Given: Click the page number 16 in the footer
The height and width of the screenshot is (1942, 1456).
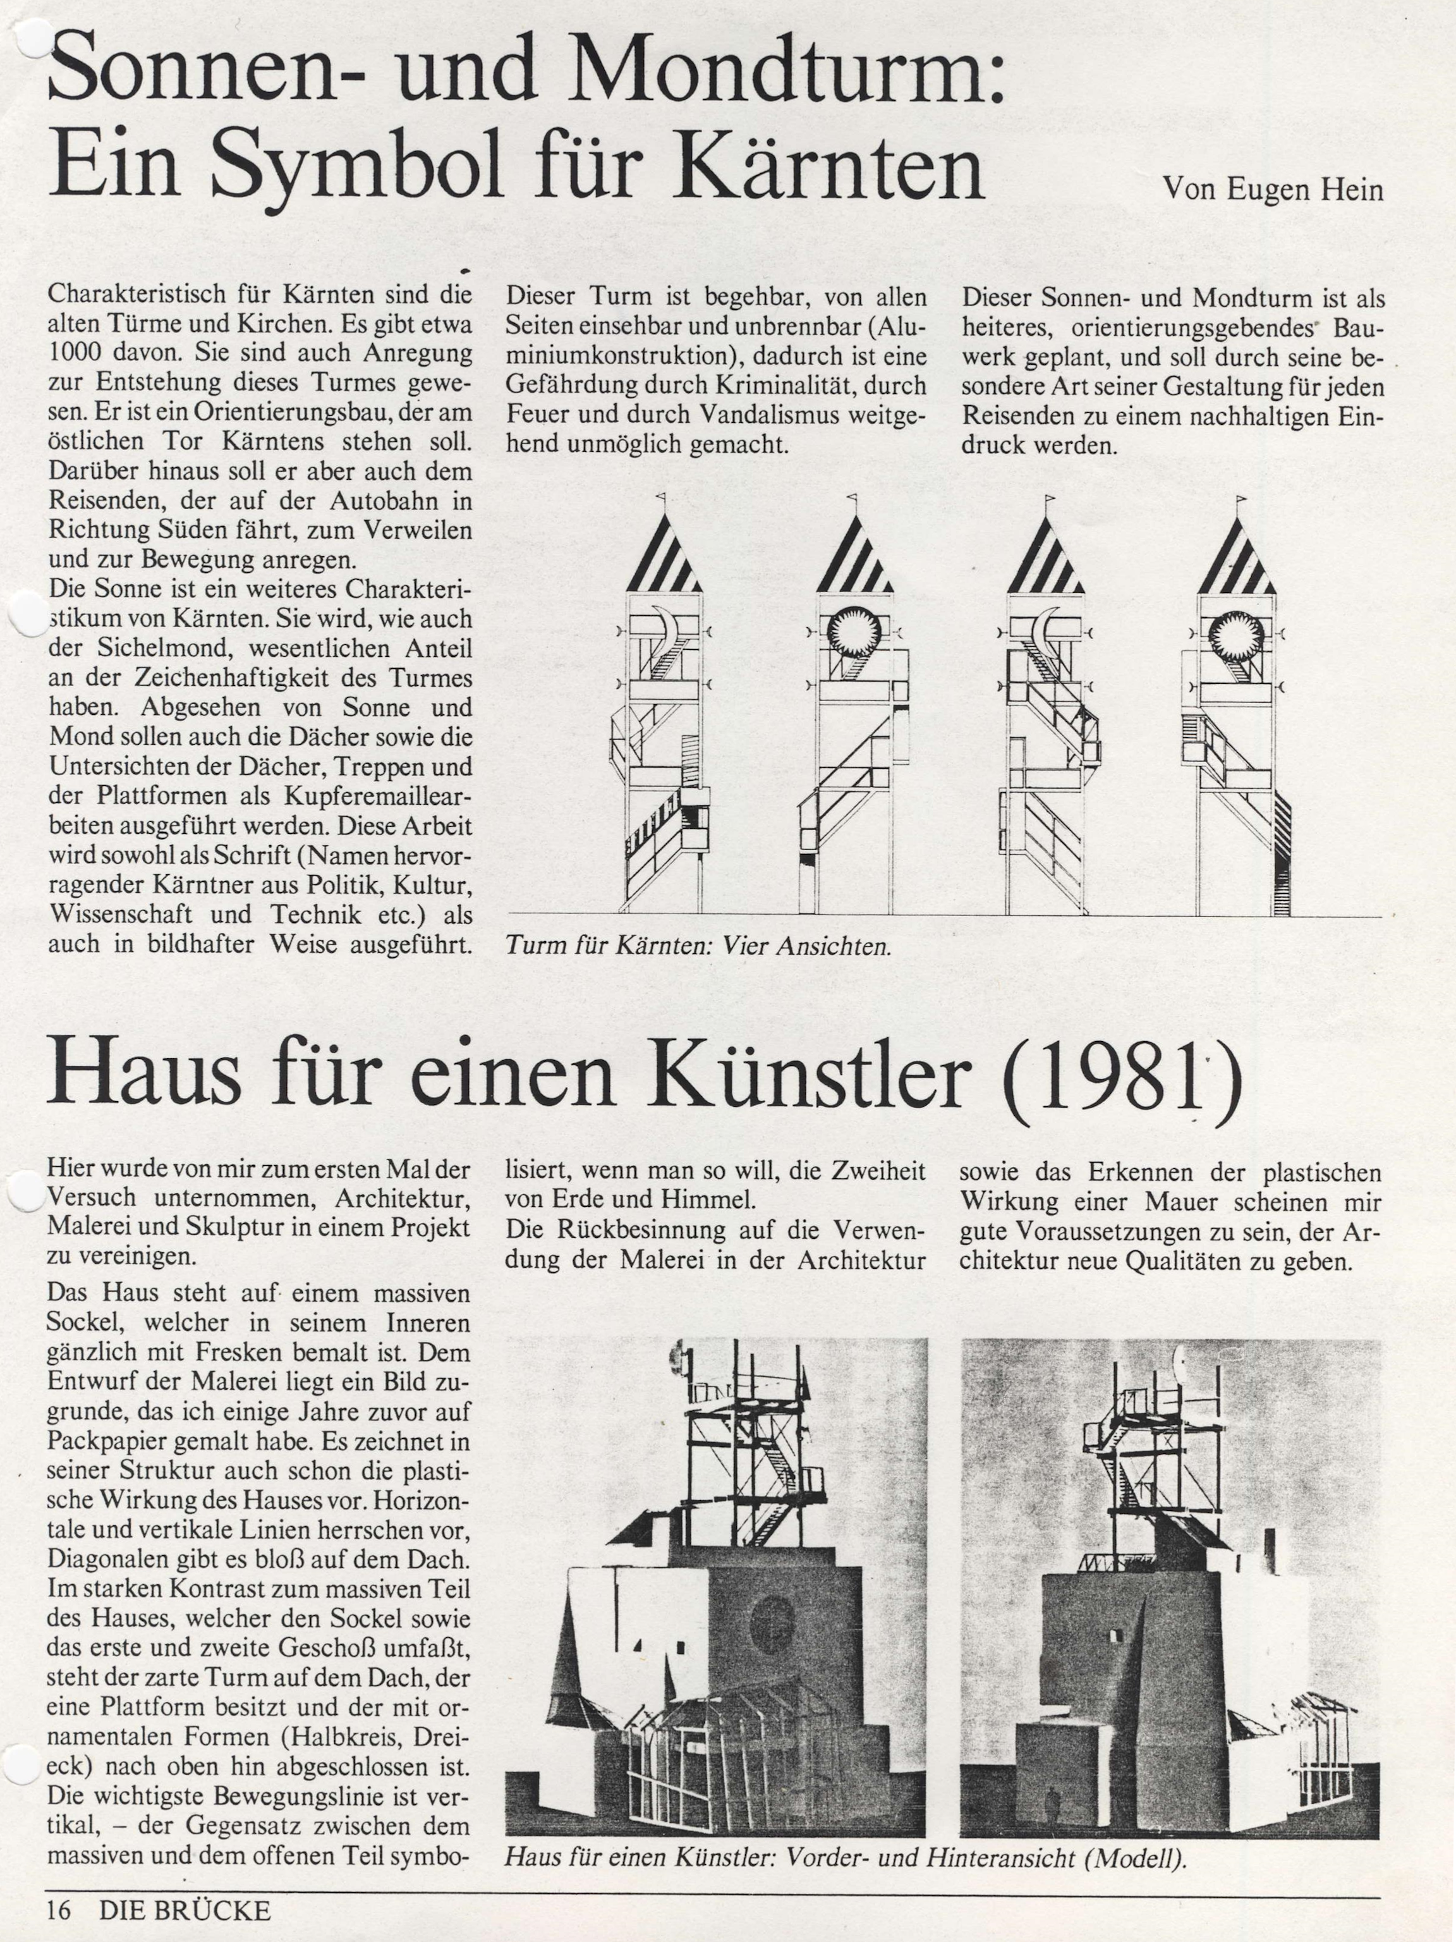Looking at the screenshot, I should click(59, 1910).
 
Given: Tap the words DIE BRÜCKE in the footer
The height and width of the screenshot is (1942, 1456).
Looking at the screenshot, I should click(185, 1910).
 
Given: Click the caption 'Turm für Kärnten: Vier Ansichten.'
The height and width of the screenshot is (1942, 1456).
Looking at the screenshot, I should click(698, 946).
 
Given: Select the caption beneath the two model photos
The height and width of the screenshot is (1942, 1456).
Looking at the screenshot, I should click(845, 1859).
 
